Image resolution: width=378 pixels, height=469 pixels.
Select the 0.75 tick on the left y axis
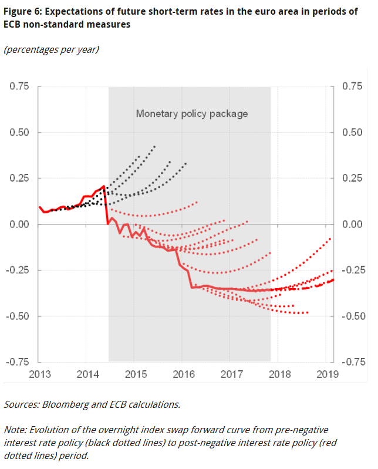coord(19,86)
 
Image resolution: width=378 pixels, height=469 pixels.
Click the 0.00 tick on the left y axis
coord(19,225)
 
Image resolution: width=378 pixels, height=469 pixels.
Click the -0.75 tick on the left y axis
coord(18,362)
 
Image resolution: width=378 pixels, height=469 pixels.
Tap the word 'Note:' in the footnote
coord(16,430)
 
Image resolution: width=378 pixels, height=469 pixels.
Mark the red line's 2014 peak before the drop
coord(104,186)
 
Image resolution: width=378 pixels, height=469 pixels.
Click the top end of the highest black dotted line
coord(154,146)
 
